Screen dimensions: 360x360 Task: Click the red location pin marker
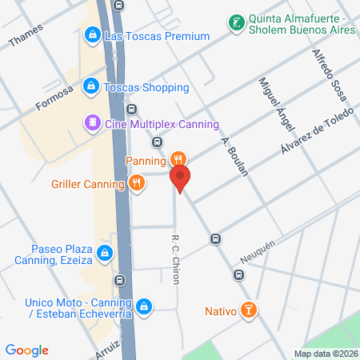[x=181, y=179]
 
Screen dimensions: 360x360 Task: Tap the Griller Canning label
[x=85, y=183]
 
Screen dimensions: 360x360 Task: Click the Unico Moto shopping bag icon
[x=143, y=306]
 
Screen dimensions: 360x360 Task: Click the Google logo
[x=27, y=350]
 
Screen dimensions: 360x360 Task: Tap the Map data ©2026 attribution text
[x=324, y=354]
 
